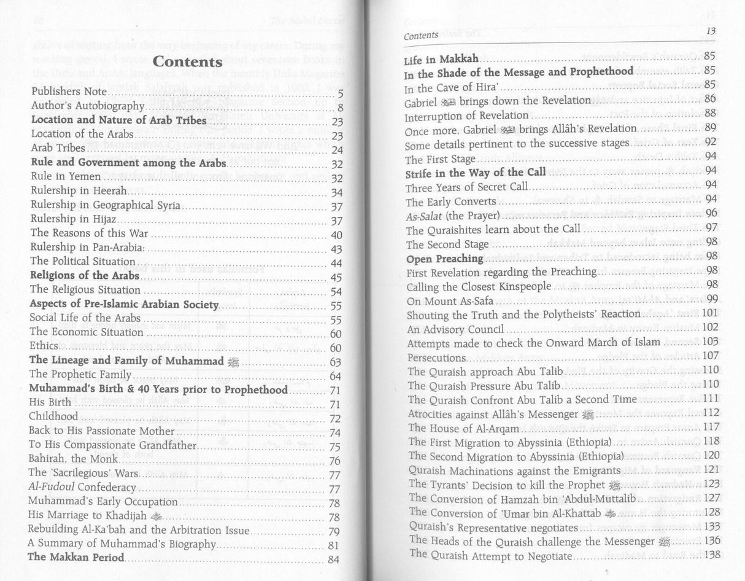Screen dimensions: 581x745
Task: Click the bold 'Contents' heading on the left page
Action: tap(187, 62)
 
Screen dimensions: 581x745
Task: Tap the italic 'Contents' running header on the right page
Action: tap(421, 35)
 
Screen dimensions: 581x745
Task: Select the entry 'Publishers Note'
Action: tap(69, 93)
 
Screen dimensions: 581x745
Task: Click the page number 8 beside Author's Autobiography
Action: tap(339, 108)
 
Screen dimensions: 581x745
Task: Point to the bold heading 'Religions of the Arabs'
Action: tap(85, 275)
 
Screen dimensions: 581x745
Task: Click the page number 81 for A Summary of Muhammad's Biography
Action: tap(334, 544)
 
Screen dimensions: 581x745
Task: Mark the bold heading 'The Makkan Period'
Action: tap(77, 557)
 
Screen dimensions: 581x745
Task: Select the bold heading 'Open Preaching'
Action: tap(444, 258)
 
